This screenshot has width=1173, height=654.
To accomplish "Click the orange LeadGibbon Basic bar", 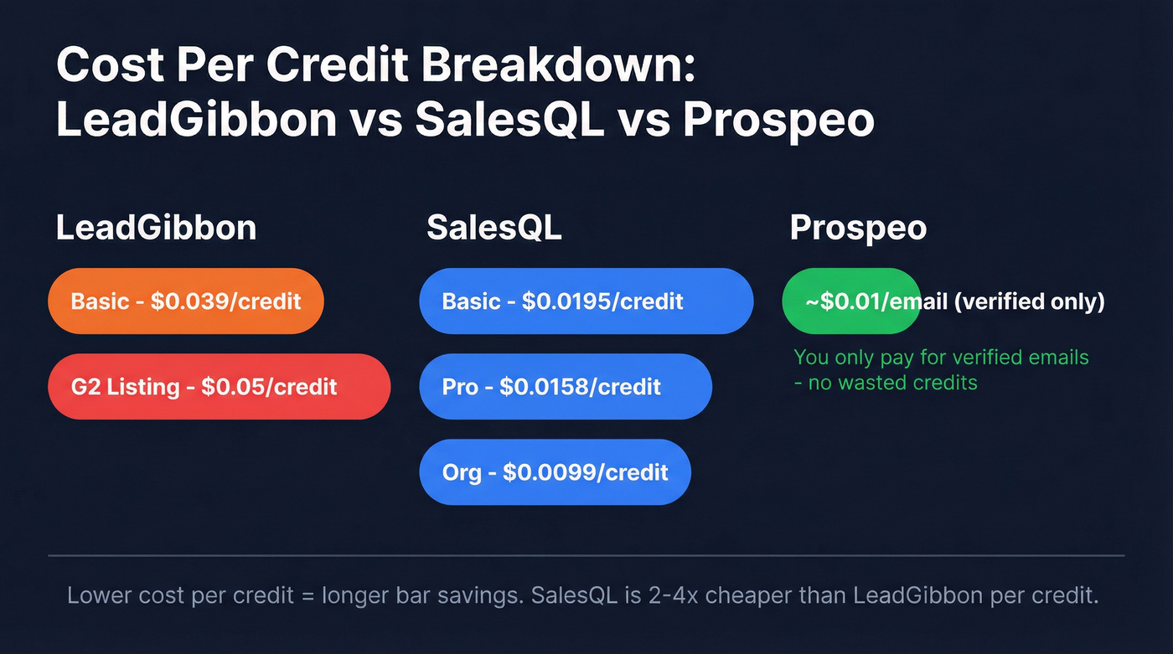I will point(186,301).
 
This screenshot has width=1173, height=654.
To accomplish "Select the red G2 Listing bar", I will point(220,386).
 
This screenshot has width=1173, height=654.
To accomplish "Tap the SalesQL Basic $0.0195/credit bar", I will point(586,301).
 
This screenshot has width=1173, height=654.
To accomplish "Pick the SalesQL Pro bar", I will point(565,386).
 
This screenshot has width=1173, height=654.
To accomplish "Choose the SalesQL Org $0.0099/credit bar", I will point(555,471).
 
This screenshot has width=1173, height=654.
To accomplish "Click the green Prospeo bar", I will point(850,301).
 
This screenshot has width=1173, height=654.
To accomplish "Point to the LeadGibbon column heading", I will point(156,228).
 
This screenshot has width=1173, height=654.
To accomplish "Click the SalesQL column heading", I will point(494,228).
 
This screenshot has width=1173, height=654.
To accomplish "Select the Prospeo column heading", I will point(858,228).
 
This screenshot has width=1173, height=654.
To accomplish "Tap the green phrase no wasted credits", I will point(892,383).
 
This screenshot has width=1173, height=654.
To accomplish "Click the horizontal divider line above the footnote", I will point(586,555).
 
